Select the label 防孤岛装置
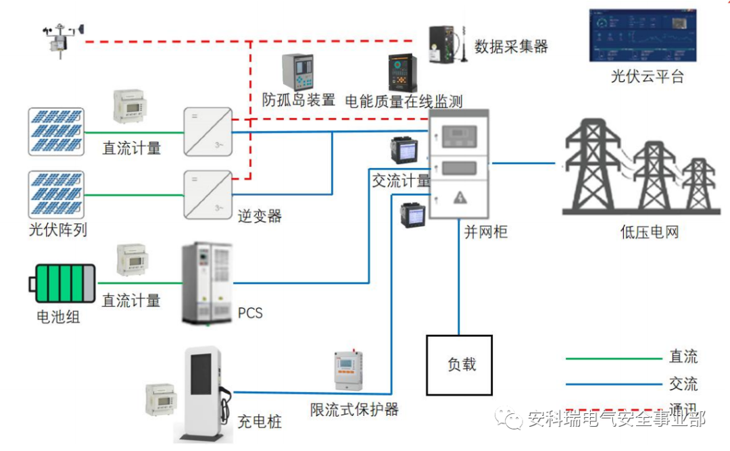pyautogui.click(x=298, y=101)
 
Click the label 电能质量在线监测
pyautogui.click(x=404, y=101)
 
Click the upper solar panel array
pyautogui.click(x=56, y=130)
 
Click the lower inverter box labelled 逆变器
pyautogui.click(x=208, y=194)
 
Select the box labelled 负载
pyautogui.click(x=459, y=365)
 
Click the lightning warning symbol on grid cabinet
pyautogui.click(x=460, y=197)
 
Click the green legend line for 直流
pyautogui.click(x=613, y=359)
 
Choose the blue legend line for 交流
pyautogui.click(x=613, y=385)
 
